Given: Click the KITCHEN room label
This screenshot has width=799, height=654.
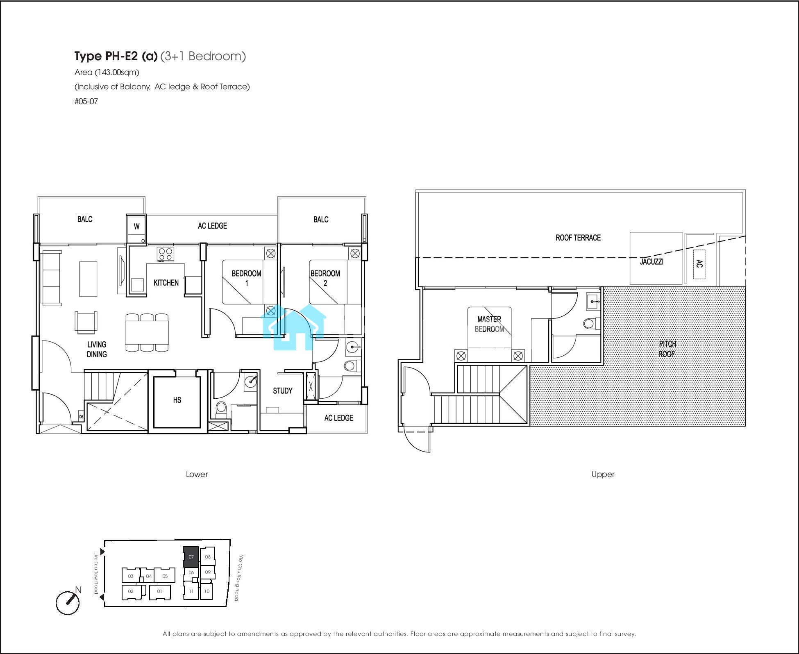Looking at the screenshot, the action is [166, 283].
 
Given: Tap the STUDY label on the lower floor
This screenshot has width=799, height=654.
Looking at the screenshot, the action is [283, 391].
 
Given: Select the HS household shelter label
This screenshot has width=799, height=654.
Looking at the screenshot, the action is [177, 400].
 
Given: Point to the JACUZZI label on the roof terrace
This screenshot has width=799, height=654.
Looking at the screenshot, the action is [651, 261].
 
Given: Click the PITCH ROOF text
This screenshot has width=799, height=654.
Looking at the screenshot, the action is [667, 349].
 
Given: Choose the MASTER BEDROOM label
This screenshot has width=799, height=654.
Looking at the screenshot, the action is [489, 324].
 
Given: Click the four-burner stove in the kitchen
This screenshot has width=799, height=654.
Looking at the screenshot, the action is [166, 254].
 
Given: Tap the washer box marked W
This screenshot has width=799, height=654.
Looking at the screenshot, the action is [136, 226].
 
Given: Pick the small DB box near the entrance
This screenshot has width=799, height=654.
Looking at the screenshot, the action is [81, 417].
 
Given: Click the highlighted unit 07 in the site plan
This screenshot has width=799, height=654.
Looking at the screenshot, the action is [191, 557].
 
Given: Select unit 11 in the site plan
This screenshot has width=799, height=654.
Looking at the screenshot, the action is [191, 591].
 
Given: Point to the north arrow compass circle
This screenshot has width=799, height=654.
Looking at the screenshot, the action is [68, 603].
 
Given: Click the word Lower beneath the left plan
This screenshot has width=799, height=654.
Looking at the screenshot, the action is [197, 474].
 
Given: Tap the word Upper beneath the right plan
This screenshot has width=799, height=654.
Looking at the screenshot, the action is [603, 474].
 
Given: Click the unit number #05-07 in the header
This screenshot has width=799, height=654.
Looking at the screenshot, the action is [86, 101].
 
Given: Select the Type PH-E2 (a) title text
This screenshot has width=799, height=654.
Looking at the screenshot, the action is [116, 56].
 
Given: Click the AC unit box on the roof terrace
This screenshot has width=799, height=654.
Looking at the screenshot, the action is [699, 264].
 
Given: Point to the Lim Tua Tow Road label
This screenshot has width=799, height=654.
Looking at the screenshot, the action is [97, 573].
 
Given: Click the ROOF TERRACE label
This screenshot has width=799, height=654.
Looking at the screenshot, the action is [578, 238].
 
